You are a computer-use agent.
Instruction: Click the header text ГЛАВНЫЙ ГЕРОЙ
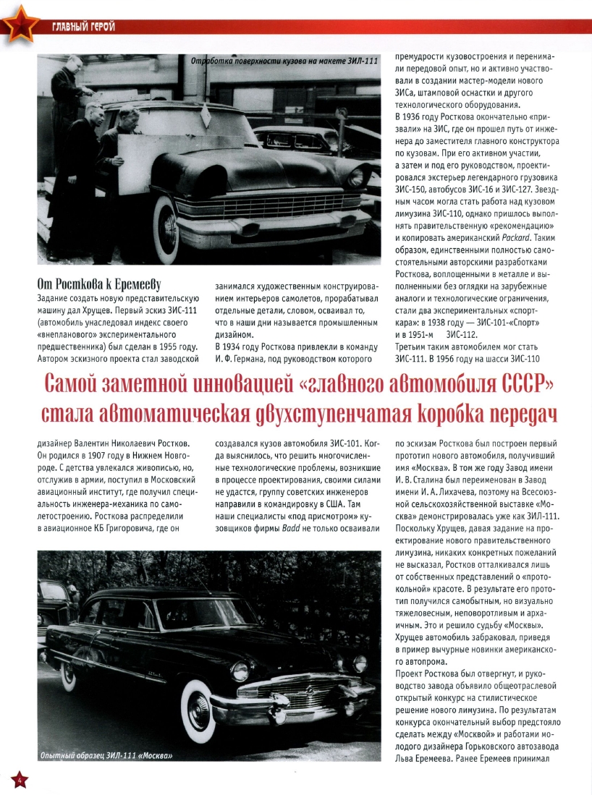(83, 28)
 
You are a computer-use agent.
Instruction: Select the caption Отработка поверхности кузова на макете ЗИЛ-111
(279, 62)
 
